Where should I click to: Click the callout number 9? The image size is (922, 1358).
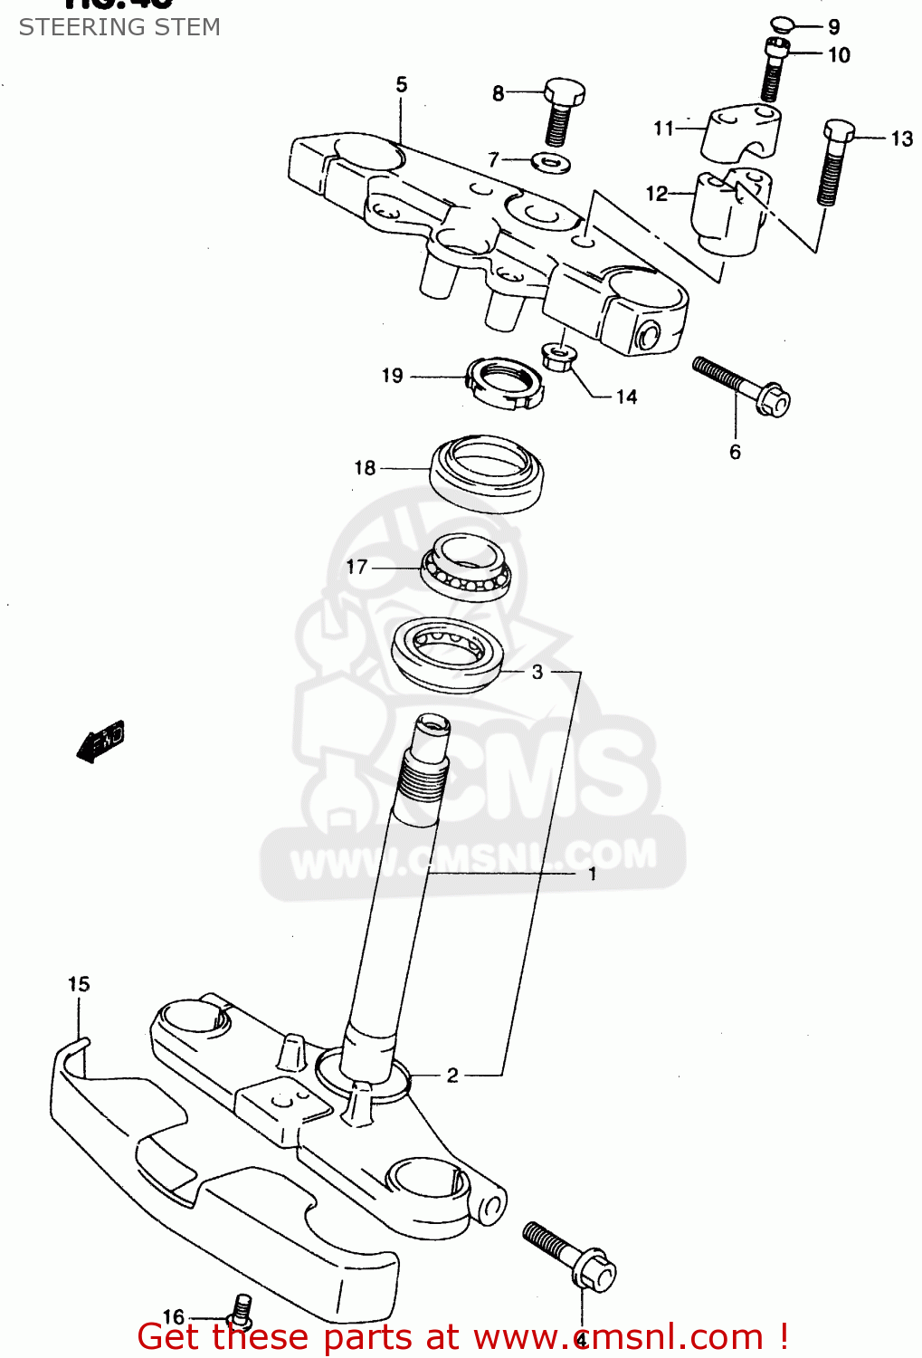coord(833,27)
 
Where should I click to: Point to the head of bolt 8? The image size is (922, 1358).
coord(565,91)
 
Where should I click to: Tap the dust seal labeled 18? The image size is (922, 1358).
coord(486,472)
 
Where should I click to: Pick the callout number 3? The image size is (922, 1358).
coord(537,672)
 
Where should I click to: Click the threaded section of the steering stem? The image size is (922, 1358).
coord(423,778)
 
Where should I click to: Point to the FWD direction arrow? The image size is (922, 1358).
coord(101,741)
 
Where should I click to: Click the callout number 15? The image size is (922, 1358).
coord(79,984)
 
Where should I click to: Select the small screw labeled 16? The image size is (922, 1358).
coord(242,1307)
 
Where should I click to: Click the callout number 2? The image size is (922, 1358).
coord(452,1075)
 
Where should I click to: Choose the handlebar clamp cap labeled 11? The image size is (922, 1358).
coord(742,134)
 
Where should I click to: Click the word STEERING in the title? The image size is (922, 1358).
coord(74,27)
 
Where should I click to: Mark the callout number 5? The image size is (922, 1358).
coord(402,85)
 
